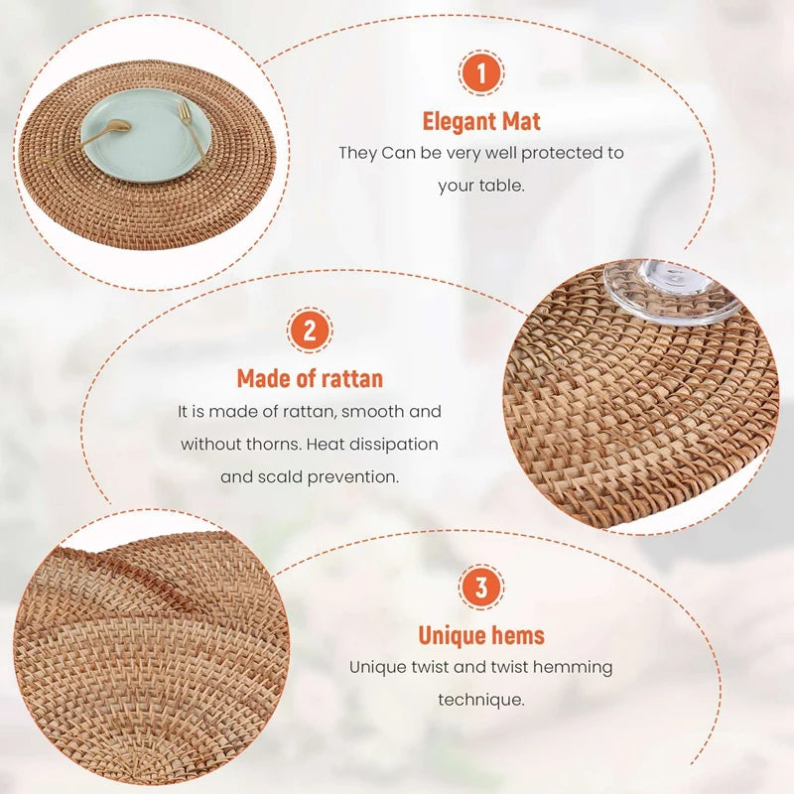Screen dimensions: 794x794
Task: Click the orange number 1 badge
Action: click(x=481, y=72)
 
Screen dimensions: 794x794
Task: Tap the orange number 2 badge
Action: click(x=310, y=331)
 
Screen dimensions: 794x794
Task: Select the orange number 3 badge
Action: click(x=481, y=587)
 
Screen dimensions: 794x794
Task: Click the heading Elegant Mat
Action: click(x=481, y=121)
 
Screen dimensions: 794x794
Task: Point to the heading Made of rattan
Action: click(x=310, y=379)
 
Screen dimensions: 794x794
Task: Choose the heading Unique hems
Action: click(x=481, y=635)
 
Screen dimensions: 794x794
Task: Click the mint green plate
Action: click(x=146, y=136)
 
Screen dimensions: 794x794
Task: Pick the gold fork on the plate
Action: click(x=194, y=134)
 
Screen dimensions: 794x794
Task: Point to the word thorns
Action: click(x=274, y=444)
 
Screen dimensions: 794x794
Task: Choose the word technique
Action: click(x=481, y=701)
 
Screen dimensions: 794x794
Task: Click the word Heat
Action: click(x=324, y=444)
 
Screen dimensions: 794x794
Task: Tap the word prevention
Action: click(x=353, y=477)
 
